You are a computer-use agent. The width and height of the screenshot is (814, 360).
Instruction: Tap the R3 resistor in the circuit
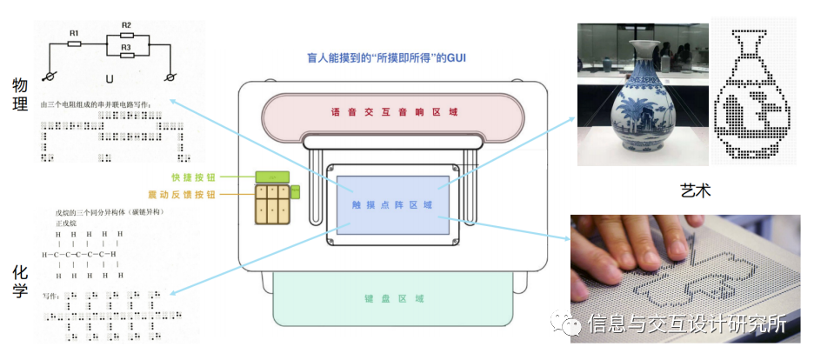[126, 55]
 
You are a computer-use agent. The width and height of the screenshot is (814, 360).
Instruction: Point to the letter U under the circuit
[109, 79]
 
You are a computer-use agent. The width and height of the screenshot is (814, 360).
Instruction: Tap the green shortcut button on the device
[272, 177]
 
